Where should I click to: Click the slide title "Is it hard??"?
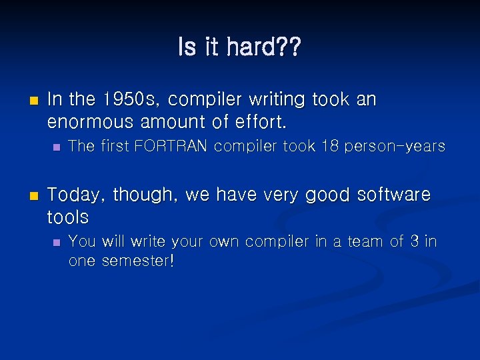coord(239,47)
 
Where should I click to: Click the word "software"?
coord(394,195)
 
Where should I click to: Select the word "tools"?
coord(68,217)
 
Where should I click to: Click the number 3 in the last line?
coord(415,241)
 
